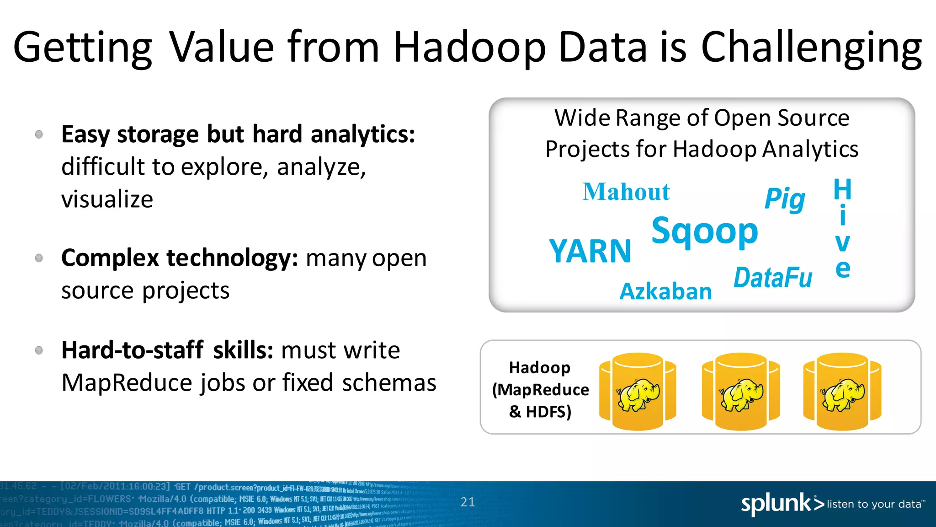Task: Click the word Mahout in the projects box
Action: click(626, 192)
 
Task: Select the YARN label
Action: click(590, 251)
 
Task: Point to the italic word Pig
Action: click(785, 199)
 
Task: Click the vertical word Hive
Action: click(842, 229)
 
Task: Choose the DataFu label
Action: click(773, 278)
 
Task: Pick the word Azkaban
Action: click(665, 291)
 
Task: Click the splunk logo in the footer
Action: click(782, 504)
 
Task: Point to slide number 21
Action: click(468, 502)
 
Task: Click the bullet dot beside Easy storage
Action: click(39, 134)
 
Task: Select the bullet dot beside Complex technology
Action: click(39, 258)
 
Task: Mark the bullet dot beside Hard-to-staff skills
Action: click(39, 350)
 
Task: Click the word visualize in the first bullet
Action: click(107, 199)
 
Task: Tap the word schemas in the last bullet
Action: click(389, 383)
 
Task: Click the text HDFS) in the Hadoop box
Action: click(548, 412)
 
